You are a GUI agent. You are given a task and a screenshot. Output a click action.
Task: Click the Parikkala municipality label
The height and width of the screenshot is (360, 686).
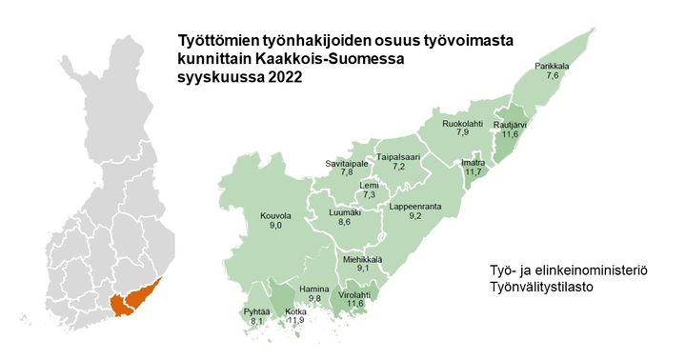552,66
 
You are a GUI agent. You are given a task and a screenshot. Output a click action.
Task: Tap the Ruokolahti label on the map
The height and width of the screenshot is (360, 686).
462,124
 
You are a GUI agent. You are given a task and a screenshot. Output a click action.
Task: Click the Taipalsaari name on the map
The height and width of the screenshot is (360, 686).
399,156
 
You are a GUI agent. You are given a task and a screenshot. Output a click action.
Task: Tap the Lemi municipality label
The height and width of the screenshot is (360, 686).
369,185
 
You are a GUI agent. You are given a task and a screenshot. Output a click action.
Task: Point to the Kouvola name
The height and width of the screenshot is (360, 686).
275,216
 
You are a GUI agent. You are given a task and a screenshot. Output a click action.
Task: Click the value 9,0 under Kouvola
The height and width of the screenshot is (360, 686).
275,227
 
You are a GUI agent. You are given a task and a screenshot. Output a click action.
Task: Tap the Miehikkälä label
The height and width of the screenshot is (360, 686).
362,259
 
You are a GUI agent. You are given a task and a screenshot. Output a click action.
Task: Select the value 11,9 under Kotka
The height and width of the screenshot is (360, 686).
295,321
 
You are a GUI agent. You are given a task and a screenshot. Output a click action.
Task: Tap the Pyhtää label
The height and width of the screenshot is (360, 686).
255,312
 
